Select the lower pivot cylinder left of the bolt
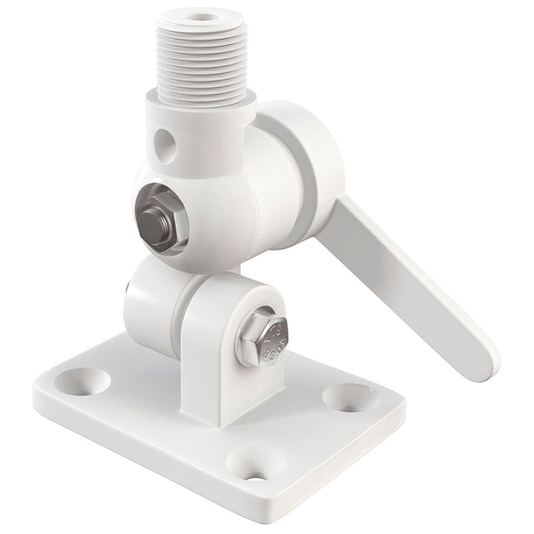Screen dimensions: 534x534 (x=150, y=299)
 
